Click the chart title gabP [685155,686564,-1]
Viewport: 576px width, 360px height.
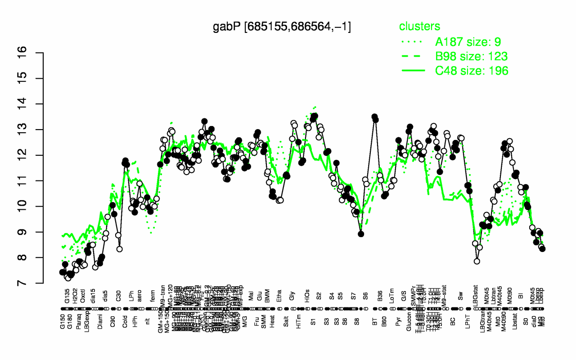pyautogui.click(x=282, y=27)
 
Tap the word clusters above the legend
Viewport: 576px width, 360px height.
pyautogui.click(x=419, y=27)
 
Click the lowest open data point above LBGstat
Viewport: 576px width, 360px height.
pyautogui.click(x=477, y=261)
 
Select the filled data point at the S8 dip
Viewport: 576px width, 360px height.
pyautogui.click(x=361, y=234)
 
